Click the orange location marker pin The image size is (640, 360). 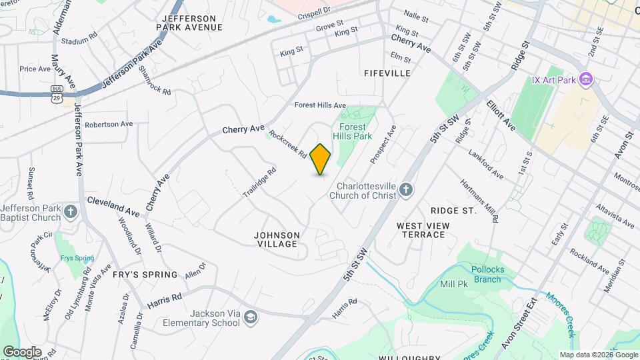pyautogui.click(x=320, y=159)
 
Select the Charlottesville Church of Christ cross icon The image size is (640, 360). pyautogui.click(x=405, y=191)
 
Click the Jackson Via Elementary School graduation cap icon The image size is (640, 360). pyautogui.click(x=250, y=316)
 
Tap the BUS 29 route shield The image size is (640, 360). pyautogui.click(x=57, y=93)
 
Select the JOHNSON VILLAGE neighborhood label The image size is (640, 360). pyautogui.click(x=277, y=239)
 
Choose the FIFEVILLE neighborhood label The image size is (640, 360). pyautogui.click(x=387, y=73)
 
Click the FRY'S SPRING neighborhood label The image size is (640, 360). pyautogui.click(x=145, y=275)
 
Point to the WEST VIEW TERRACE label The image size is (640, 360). pyautogui.click(x=423, y=231)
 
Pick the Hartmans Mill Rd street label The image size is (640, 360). pyautogui.click(x=479, y=201)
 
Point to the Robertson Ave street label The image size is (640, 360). pyautogui.click(x=109, y=124)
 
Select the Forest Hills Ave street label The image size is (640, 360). pyautogui.click(x=320, y=105)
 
